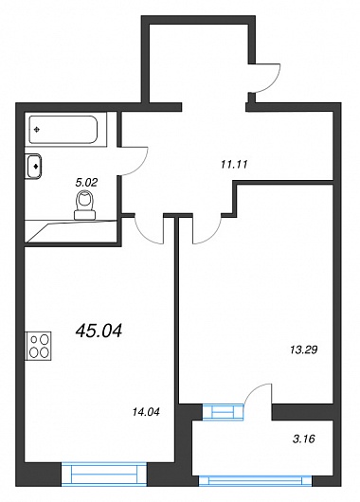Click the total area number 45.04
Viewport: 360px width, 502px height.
coord(99,331)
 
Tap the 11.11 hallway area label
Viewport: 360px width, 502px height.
coord(234,165)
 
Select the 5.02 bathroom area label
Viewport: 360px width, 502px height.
coord(86,183)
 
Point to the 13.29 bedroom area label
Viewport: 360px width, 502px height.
coord(303,350)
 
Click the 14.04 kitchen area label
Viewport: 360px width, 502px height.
coord(146,412)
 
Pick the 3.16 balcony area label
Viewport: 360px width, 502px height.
coord(303,439)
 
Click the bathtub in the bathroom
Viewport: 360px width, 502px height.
coord(63,130)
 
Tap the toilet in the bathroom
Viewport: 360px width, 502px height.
coord(85,205)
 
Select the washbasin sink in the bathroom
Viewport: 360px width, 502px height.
coord(33,166)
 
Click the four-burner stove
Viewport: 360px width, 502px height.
coord(39,346)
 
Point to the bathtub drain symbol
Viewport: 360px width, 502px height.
coord(37,130)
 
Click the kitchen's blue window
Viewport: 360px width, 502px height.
coord(104,474)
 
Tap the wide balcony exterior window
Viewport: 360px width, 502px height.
coord(255,479)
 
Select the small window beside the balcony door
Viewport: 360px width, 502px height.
coord(224,411)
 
